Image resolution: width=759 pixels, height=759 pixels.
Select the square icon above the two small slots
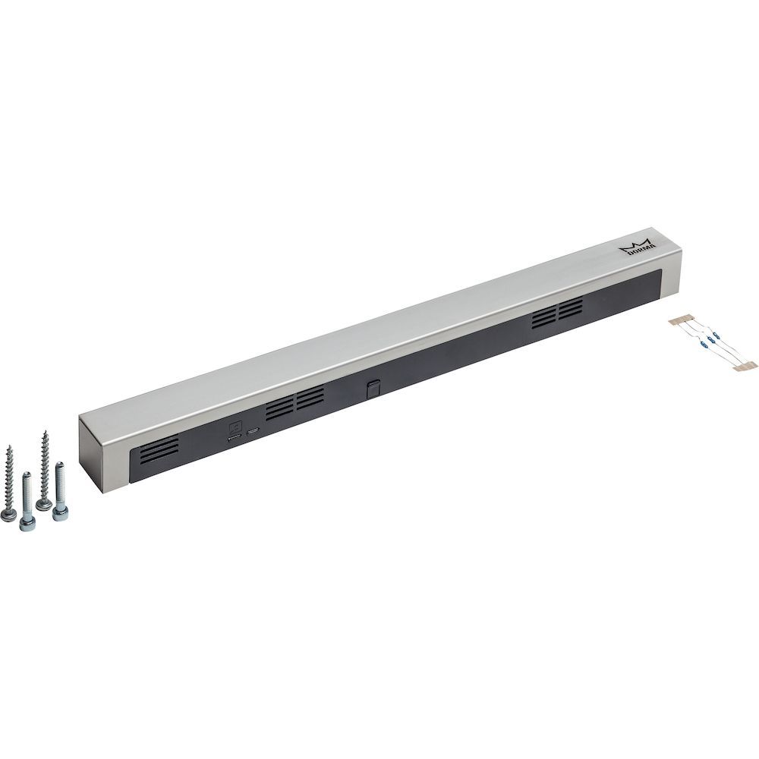[x=235, y=427]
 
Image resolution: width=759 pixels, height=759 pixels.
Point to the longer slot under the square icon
[x=235, y=437]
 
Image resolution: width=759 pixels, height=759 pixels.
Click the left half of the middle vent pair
[x=279, y=409]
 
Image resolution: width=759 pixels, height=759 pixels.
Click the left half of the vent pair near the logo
[x=543, y=317]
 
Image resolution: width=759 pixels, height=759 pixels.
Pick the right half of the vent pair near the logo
[x=571, y=308]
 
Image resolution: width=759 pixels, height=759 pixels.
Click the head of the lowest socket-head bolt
[x=28, y=524]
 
